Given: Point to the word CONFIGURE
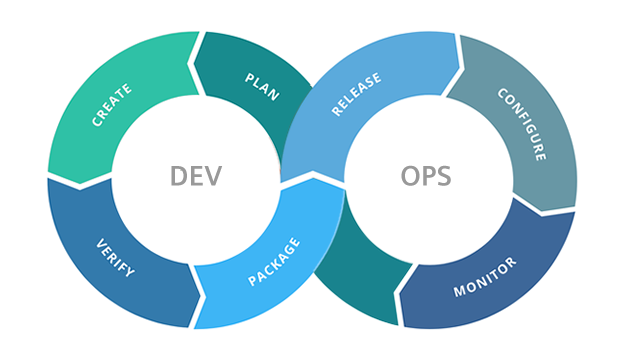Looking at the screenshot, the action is [x=522, y=125].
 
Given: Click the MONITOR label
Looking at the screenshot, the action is [x=486, y=277].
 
